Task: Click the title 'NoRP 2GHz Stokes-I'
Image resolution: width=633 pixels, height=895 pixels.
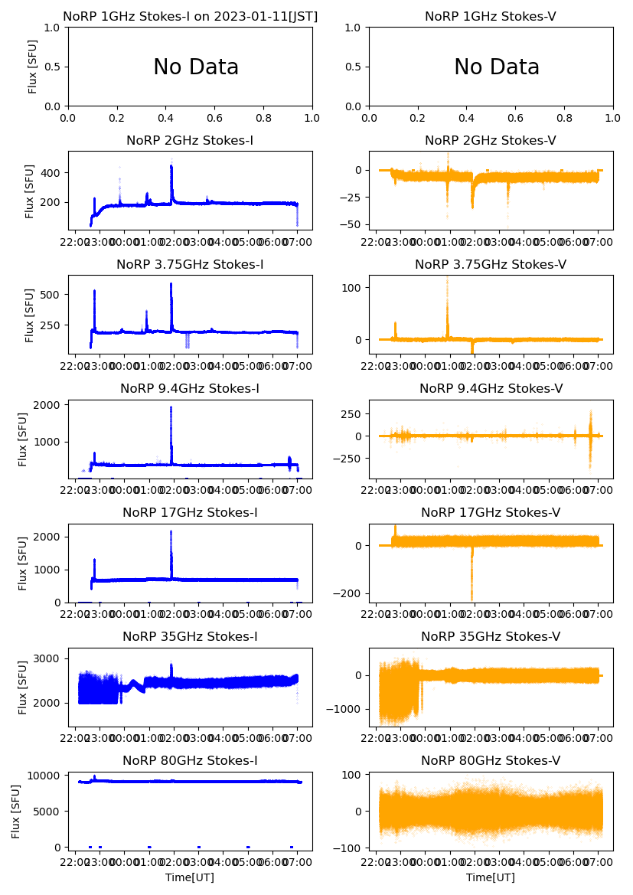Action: point(190,140)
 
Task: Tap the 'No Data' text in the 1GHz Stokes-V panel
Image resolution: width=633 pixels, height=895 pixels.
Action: point(497,67)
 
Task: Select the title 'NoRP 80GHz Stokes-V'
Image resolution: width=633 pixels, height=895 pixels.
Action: point(491,760)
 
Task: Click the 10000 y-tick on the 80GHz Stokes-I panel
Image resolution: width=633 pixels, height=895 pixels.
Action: point(46,775)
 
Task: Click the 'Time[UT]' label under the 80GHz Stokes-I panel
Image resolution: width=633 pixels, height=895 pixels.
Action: point(190,877)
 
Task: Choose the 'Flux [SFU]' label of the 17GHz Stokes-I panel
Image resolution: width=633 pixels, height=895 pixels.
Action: point(23,563)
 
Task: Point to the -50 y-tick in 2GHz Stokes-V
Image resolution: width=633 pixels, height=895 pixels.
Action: point(353,224)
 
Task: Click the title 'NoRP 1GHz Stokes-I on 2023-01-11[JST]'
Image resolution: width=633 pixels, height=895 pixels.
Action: point(190,16)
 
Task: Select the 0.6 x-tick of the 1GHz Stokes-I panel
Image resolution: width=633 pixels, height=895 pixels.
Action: point(214,119)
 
